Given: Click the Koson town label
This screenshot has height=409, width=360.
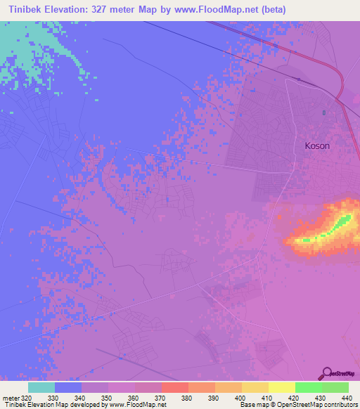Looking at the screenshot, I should (x=316, y=145).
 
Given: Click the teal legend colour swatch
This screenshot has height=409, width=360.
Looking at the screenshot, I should (x=41, y=387).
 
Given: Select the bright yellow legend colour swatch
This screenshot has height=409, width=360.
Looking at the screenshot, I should (x=282, y=387).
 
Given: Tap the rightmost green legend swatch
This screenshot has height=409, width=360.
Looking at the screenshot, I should (x=335, y=387).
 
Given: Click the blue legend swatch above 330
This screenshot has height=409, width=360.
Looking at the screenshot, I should (x=68, y=387).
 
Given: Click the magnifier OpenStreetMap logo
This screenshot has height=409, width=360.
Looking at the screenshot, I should (x=326, y=373).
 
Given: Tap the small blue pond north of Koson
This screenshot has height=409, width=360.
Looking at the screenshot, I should (x=323, y=112).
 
